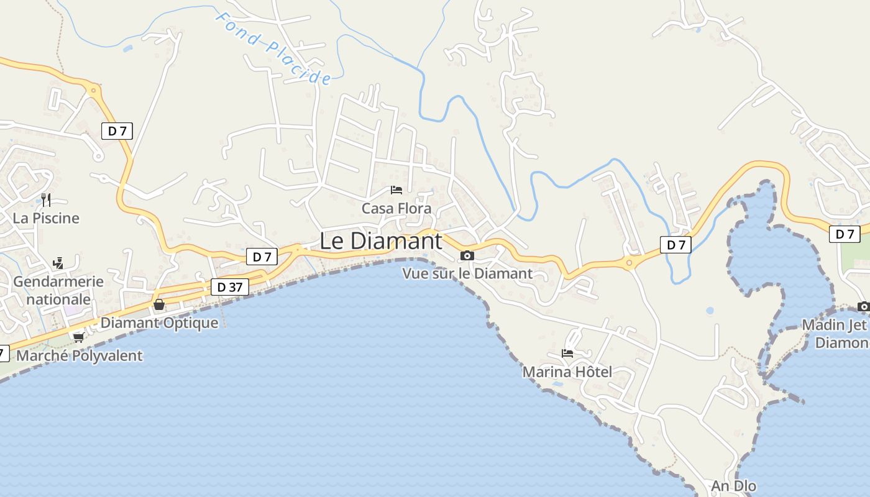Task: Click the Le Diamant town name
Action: click(381, 241)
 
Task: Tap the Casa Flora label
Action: click(396, 208)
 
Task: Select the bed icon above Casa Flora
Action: click(396, 190)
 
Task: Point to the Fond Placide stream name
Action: click(273, 47)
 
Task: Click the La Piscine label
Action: click(46, 218)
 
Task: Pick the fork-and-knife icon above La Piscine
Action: click(46, 199)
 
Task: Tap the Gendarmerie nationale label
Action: click(58, 290)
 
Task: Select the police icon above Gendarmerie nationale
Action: click(58, 263)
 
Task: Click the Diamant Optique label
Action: click(160, 322)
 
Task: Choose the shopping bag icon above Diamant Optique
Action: click(159, 304)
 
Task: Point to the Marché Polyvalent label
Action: click(80, 356)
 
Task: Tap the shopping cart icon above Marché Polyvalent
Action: click(78, 337)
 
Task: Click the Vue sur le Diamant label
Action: click(467, 273)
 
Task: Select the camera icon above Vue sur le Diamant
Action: click(467, 255)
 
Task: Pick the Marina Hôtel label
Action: click(567, 372)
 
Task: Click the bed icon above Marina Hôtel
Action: click(567, 353)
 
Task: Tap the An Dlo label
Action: click(734, 486)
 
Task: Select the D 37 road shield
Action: click(230, 287)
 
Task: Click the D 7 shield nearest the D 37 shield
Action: click(262, 257)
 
